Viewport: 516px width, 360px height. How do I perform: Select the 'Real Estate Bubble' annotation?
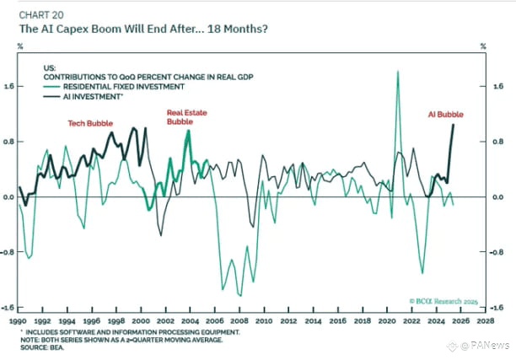point(185,116)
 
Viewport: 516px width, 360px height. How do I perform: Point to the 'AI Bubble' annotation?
point(444,115)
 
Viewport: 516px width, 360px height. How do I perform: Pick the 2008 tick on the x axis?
point(242,320)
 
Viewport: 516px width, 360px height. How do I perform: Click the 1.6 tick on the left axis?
point(8,86)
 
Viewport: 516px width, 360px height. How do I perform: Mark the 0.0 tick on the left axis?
point(8,196)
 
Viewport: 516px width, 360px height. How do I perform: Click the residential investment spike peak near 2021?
point(397,72)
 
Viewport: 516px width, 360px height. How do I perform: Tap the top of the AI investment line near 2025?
point(454,125)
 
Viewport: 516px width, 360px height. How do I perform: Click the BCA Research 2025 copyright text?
point(442,300)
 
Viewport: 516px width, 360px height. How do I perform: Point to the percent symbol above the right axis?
point(483,46)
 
